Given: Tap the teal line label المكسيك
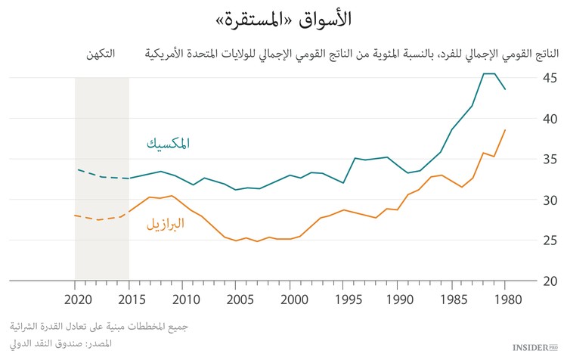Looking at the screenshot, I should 168,143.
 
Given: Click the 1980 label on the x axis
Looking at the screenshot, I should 505,298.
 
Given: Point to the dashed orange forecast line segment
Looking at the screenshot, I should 98,218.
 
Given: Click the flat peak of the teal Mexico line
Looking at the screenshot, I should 489,73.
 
